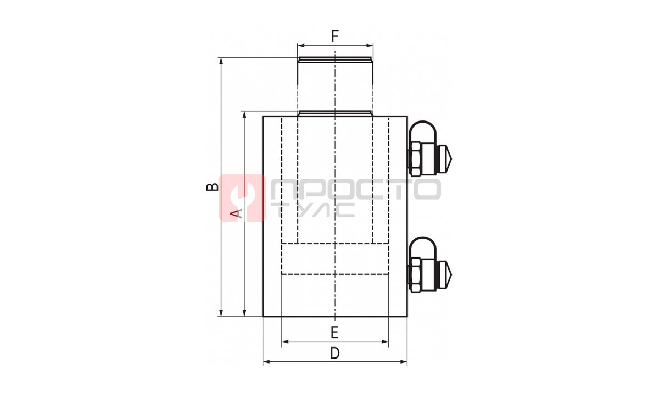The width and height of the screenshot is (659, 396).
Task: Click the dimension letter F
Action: tap(335, 36)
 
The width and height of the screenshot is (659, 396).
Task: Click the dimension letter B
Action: tap(213, 187)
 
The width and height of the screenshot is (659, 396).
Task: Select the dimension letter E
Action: tap(334, 332)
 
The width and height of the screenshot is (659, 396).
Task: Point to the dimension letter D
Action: tap(335, 353)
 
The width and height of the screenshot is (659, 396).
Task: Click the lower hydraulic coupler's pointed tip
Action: tap(451, 275)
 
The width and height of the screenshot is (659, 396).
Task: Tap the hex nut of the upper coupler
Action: tap(415, 159)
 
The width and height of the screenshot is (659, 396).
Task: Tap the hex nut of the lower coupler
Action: tap(415, 275)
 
